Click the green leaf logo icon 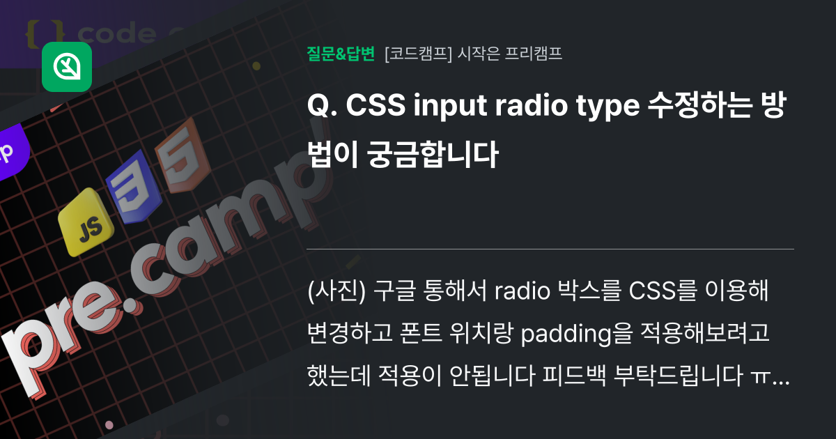click(x=67, y=67)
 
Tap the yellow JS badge click(x=86, y=222)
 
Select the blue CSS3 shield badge click(x=134, y=187)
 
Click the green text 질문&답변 click(x=341, y=54)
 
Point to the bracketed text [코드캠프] click(x=418, y=54)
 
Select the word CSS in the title click(x=376, y=105)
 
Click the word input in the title click(x=451, y=107)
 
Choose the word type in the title click(x=608, y=107)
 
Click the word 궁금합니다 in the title click(x=433, y=154)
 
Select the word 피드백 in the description click(x=574, y=375)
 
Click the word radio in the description click(x=522, y=291)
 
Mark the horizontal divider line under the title click(x=550, y=249)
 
